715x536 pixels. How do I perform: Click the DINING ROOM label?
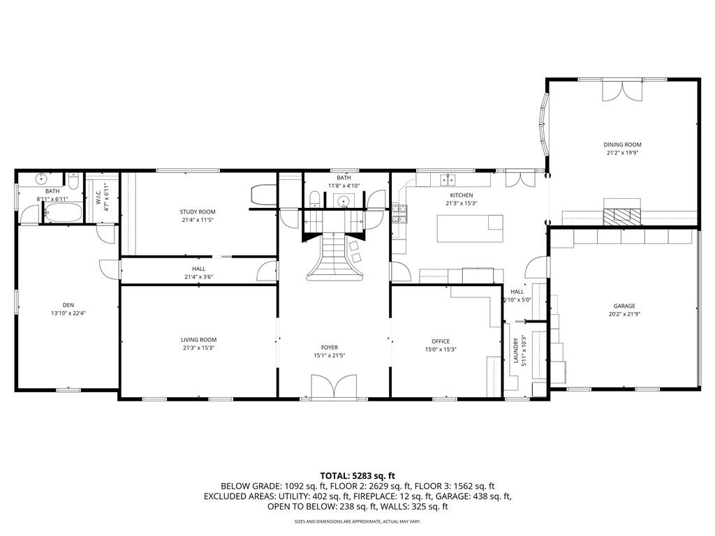point(622,144)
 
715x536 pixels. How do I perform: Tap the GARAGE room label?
point(624,306)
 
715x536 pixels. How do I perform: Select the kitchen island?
point(469,228)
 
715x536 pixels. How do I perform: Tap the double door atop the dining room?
point(621,91)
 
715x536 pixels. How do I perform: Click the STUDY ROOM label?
point(198,211)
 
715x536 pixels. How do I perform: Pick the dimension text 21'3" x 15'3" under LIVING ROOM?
point(199,348)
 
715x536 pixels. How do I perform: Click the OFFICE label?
point(441,341)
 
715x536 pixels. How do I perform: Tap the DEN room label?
point(68,305)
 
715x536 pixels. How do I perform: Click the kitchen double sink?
point(447,179)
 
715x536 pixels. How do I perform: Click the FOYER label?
point(330,348)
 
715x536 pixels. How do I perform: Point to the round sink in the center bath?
point(344,202)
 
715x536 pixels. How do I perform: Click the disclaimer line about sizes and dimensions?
point(357,521)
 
